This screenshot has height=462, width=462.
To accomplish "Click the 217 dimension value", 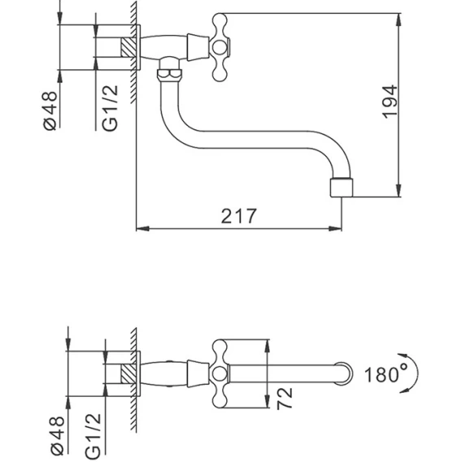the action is (238, 216).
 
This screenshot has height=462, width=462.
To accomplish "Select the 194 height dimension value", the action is (390, 102).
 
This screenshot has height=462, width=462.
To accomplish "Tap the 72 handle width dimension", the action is (285, 399).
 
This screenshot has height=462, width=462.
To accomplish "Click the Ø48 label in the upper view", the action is (50, 111).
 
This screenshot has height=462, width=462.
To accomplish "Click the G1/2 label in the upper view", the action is (110, 108).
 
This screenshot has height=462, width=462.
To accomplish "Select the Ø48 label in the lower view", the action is (57, 435).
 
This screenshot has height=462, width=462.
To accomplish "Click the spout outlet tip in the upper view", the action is (341, 187).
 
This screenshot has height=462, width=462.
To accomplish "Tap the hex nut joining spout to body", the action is (169, 75).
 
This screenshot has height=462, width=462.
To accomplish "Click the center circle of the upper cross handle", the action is (220, 47).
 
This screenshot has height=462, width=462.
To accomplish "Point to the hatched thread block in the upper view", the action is (129, 47).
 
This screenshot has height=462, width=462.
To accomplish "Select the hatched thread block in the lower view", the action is (129, 374).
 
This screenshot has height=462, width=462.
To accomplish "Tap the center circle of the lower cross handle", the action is (220, 374).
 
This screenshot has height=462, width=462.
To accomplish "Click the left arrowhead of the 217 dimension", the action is (143, 229).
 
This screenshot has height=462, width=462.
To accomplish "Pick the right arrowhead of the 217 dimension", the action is (335, 229).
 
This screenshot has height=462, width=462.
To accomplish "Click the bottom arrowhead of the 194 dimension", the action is (399, 190).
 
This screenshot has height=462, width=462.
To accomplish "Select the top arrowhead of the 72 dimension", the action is (267, 346).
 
